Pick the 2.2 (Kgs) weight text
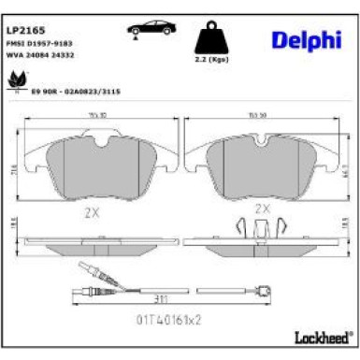[x=210, y=70]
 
